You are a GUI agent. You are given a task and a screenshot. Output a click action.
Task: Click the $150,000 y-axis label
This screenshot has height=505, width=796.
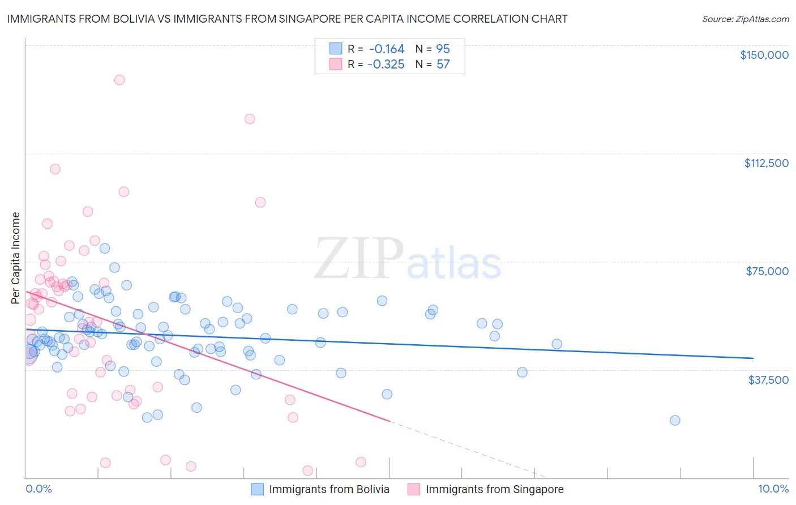coord(764,55)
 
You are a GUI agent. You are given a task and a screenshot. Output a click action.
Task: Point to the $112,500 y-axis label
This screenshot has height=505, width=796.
coord(766,163)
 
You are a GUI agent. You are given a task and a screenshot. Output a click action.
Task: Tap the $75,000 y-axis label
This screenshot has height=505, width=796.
coord(767,271)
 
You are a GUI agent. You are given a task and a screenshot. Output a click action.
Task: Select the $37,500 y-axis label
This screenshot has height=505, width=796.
coord(768,380)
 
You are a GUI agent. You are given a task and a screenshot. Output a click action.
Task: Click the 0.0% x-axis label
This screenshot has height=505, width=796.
coord(38,489)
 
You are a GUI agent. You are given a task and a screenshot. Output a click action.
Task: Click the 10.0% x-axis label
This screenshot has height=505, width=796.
coord(773,489)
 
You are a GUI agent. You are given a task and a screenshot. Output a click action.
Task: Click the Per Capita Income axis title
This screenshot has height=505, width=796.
coord(15,258)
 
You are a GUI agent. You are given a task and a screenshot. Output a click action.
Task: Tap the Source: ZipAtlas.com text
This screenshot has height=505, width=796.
coord(745,19)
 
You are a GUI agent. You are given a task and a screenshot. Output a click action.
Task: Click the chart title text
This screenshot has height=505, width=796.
coord(287,19)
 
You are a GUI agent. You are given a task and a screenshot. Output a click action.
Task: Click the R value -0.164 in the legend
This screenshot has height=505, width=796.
coord(386,49)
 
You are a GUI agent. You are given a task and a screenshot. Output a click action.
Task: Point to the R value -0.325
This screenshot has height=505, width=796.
coord(386,65)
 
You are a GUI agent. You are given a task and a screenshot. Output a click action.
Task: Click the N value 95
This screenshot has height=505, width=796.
coord(443,49)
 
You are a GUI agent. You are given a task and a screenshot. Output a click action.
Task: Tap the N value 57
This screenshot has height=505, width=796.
coord(443,65)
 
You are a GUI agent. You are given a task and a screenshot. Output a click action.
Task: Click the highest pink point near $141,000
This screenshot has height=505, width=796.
coord(119,80)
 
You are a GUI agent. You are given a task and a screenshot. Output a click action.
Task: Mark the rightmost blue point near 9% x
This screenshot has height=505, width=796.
coord(675,420)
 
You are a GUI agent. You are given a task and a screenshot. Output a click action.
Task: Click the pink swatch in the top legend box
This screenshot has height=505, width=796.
coord(336,64)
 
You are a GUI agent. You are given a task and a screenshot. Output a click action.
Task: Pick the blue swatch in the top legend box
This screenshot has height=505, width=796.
coord(336,49)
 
